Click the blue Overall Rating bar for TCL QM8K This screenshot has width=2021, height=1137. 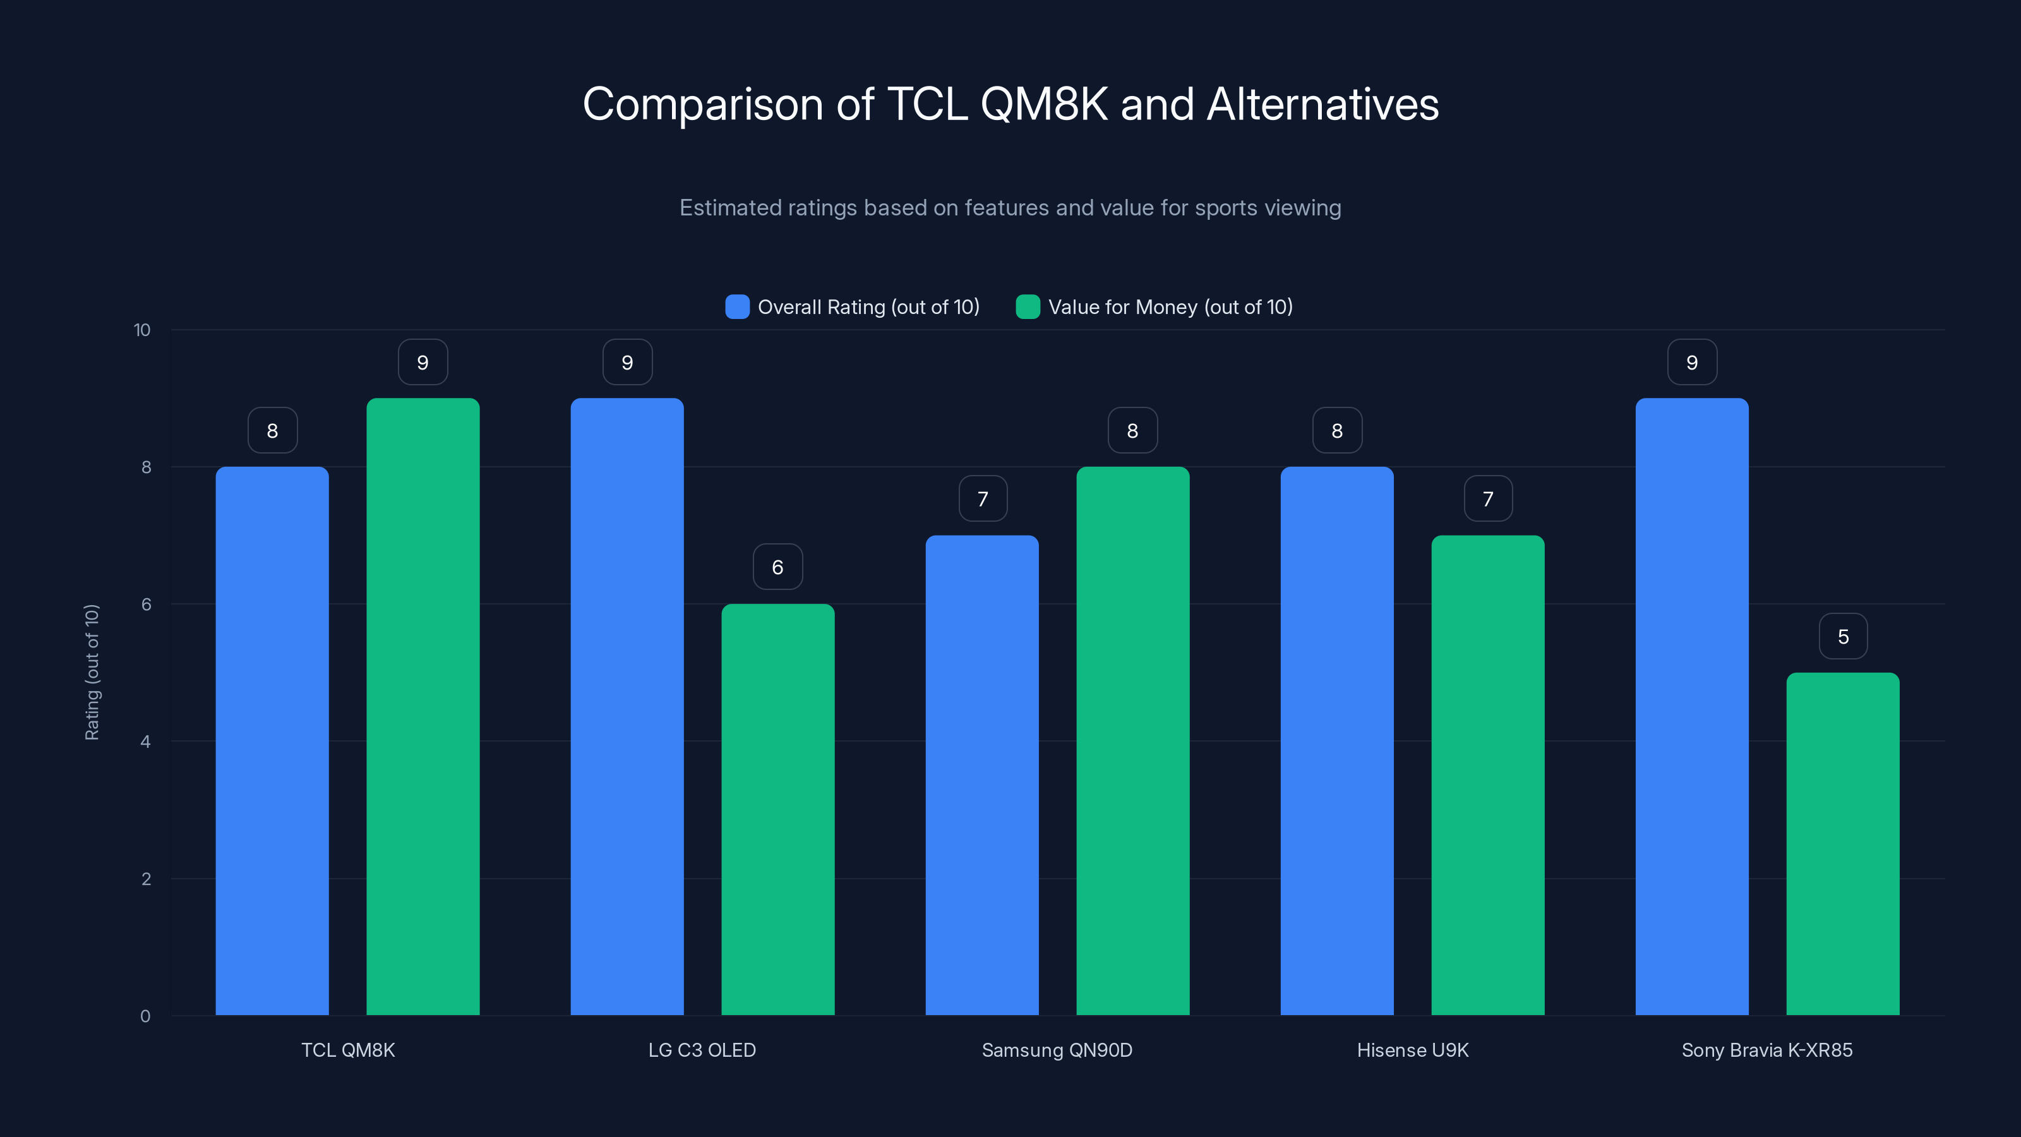(272, 741)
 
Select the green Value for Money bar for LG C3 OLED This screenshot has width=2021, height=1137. (777, 809)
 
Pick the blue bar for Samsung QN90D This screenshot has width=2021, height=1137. (981, 775)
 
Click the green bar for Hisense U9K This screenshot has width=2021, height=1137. (1487, 775)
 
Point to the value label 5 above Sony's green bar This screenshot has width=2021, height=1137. (1843, 636)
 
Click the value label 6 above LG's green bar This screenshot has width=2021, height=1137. (777, 567)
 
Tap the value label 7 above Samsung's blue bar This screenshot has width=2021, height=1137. (982, 499)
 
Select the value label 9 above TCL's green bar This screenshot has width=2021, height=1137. (423, 363)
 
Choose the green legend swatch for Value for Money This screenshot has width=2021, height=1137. (1028, 307)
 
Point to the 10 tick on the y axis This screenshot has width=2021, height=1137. (142, 330)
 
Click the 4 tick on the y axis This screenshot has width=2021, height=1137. (145, 742)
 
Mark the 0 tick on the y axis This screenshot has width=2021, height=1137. (145, 1016)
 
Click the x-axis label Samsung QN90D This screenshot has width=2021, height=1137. (1057, 1050)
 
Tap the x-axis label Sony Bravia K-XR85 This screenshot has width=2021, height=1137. (1767, 1050)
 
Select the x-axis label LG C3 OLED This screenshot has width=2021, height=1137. (702, 1050)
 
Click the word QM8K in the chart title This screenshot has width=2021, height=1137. (1044, 104)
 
